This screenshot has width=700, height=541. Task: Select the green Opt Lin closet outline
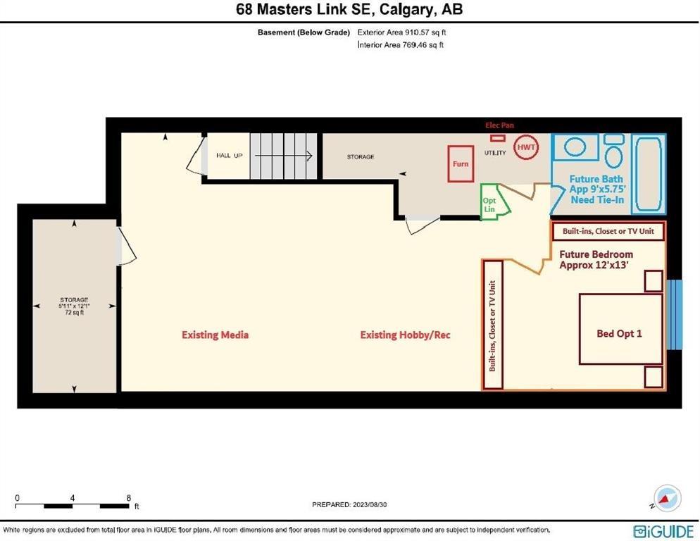pos(482,201)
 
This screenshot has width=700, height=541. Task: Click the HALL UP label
pos(229,156)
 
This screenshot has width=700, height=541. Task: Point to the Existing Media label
pos(215,335)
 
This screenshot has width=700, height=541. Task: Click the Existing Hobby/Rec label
pos(406,335)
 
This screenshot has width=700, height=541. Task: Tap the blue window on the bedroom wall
pos(674,314)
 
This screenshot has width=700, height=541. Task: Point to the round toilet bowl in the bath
pos(614,156)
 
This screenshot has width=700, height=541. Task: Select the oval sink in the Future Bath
pos(575,147)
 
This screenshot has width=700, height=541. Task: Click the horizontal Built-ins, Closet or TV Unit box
pos(608,232)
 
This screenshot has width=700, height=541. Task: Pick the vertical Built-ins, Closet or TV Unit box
pos(493,325)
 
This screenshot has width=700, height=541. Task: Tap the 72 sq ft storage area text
pos(74,313)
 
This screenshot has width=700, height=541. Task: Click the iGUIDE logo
pos(663,530)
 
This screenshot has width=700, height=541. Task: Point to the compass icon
pos(668,498)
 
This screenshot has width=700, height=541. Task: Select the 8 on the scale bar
pos(129,497)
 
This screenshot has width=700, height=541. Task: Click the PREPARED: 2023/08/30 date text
pos(349,505)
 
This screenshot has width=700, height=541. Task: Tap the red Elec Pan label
pos(499,125)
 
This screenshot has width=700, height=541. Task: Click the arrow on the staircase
pos(284,156)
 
